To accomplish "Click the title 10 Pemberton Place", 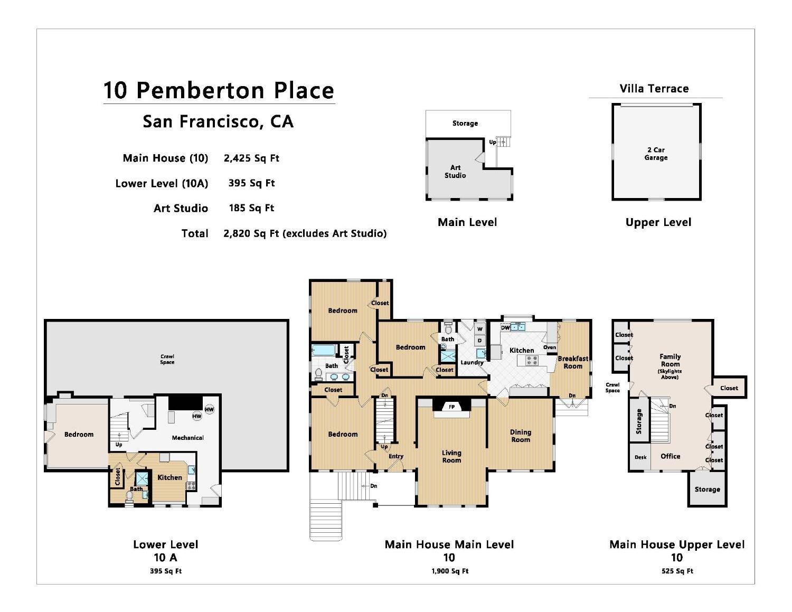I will (219, 90).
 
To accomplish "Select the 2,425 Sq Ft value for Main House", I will (251, 158).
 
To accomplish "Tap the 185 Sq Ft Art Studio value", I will (251, 208).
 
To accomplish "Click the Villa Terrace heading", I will (654, 89).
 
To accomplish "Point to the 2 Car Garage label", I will (656, 154).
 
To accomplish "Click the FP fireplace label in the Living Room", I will (451, 407).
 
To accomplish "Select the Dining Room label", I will (520, 436).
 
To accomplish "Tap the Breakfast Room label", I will (573, 362).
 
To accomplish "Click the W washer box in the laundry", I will (479, 329).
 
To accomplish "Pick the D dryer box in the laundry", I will (479, 341).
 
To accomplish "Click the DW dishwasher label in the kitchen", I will (505, 327).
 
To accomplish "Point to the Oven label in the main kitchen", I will (550, 347).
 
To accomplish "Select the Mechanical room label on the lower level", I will (187, 438).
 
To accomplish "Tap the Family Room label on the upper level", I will (670, 360).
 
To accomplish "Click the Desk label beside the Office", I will (640, 457).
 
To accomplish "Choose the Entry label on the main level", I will (395, 456).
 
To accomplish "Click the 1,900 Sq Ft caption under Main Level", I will (449, 571).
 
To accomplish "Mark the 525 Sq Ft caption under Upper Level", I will (677, 571).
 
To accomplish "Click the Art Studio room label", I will (455, 171).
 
